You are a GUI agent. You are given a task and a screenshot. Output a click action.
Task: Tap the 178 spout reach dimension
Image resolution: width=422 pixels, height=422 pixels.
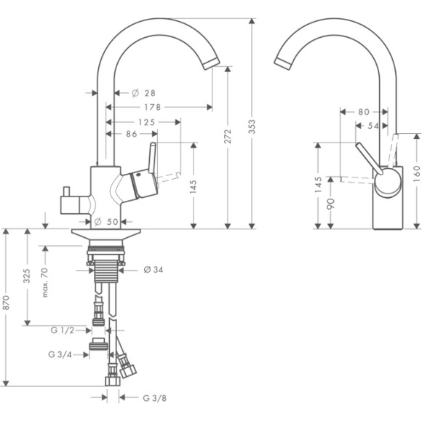click(152, 107)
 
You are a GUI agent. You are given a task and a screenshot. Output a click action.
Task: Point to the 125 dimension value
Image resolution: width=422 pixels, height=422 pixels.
click(146, 122)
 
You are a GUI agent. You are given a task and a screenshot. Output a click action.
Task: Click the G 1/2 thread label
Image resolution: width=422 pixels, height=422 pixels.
click(63, 330)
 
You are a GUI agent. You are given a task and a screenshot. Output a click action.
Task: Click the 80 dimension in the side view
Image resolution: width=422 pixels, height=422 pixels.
click(364, 112)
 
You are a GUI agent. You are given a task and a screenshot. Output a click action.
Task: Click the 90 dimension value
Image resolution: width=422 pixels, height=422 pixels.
click(331, 204)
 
